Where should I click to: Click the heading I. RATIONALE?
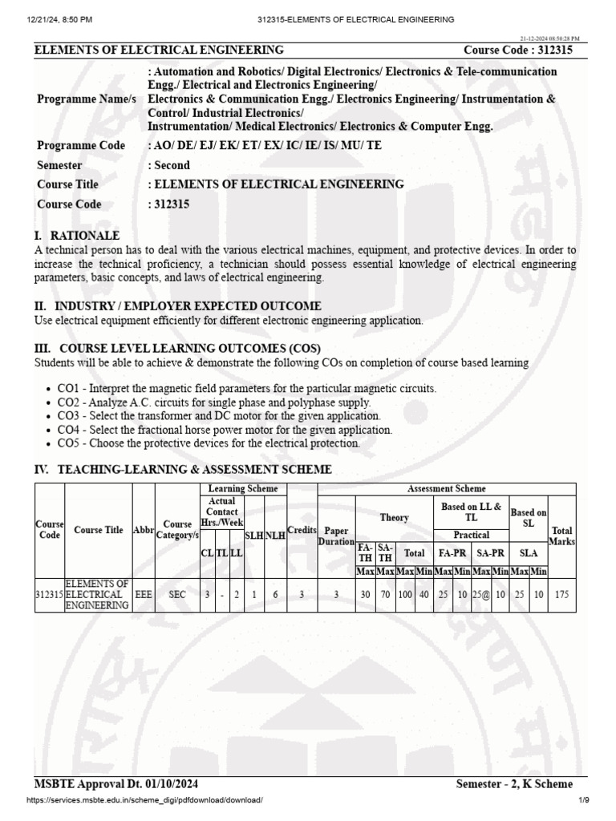[77, 236]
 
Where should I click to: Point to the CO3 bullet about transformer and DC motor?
[219, 416]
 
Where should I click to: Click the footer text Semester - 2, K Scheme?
[513, 783]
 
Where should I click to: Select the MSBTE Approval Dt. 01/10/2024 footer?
[116, 783]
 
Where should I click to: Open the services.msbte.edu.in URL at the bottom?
[144, 800]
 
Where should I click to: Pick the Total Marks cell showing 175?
[561, 595]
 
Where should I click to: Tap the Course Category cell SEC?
[176, 595]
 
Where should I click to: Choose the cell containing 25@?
[480, 595]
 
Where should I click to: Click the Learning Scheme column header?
[242, 488]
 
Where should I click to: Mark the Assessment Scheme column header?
[447, 488]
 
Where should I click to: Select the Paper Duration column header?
[336, 536]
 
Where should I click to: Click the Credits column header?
[302, 531]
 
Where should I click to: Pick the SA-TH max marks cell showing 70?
[385, 595]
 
